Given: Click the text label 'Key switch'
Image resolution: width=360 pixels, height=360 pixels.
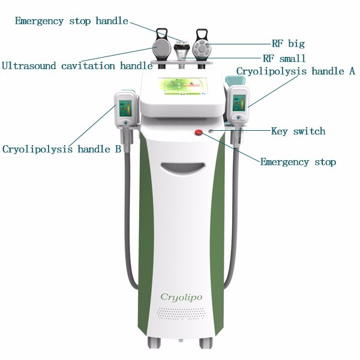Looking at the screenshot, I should (298, 131).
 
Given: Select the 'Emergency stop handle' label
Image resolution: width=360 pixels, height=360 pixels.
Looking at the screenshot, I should (71, 21).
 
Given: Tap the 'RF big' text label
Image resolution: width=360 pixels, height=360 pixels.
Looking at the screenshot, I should (288, 44).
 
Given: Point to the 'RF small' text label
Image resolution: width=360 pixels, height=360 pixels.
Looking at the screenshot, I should (284, 58).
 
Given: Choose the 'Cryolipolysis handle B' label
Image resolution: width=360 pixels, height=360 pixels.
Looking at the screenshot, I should (62, 149).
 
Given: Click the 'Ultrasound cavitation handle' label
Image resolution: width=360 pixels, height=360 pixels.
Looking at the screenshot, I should (77, 65).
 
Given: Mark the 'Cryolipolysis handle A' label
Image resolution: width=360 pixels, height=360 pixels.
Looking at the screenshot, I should (295, 71).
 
